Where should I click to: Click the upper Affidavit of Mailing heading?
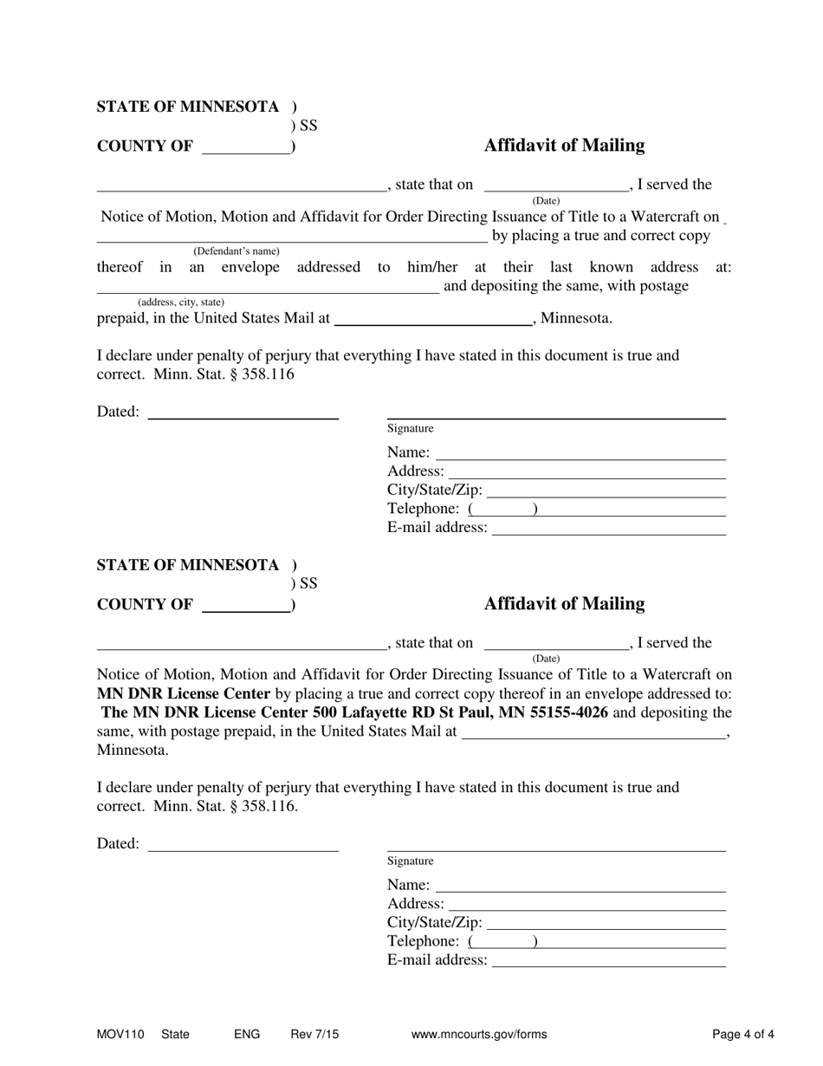[x=564, y=146]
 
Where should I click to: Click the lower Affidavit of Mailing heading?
[x=564, y=604]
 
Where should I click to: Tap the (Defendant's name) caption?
[x=237, y=251]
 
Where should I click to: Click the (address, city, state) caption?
[x=181, y=302]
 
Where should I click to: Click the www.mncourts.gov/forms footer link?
[x=479, y=1034]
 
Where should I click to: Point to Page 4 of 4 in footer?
[x=743, y=1034]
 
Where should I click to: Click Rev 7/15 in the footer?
[x=314, y=1034]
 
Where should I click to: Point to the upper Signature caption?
[x=410, y=428]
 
